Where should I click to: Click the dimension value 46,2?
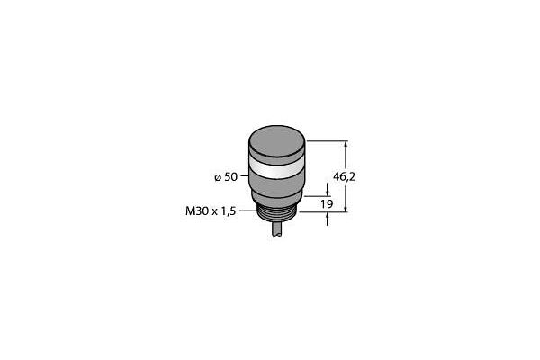[344, 177]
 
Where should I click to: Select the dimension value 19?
[327, 204]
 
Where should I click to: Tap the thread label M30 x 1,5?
[211, 211]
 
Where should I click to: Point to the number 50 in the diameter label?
[231, 177]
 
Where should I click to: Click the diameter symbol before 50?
[218, 178]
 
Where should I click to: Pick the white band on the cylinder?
[277, 169]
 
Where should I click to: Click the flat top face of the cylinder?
[277, 139]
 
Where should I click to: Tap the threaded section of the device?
[277, 216]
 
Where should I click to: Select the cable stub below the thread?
[277, 229]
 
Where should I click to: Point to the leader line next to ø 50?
[244, 176]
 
